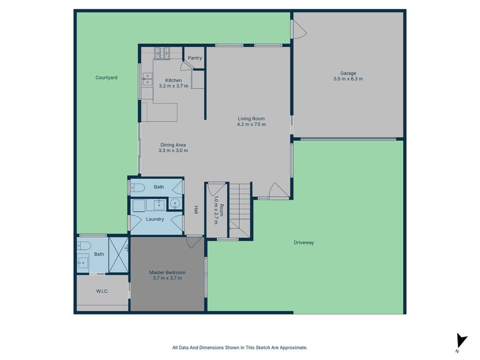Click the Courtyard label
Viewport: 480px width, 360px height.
coord(106,78)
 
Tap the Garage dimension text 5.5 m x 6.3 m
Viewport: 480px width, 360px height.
coord(348,79)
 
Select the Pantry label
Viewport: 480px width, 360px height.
coord(195,58)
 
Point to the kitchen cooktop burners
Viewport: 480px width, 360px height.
coord(162,53)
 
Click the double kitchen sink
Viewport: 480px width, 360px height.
coord(147,79)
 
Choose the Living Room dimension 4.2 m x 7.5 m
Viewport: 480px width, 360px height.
coord(251,124)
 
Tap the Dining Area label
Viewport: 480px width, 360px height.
coord(173,145)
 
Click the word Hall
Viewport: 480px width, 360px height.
coord(196,210)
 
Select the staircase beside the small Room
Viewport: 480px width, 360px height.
coord(240,210)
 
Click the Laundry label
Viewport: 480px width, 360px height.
coord(155,219)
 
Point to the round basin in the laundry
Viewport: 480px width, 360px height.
coord(175,204)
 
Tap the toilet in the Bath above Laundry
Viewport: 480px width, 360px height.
coord(137,187)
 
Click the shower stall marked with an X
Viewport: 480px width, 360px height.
coord(118,255)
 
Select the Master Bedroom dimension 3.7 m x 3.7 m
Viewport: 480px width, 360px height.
coord(167,278)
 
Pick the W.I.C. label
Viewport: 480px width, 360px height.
coord(102,291)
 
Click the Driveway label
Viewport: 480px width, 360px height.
coord(304,242)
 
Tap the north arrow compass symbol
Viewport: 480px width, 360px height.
coord(462,341)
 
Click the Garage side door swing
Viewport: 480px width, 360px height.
coord(298,29)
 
